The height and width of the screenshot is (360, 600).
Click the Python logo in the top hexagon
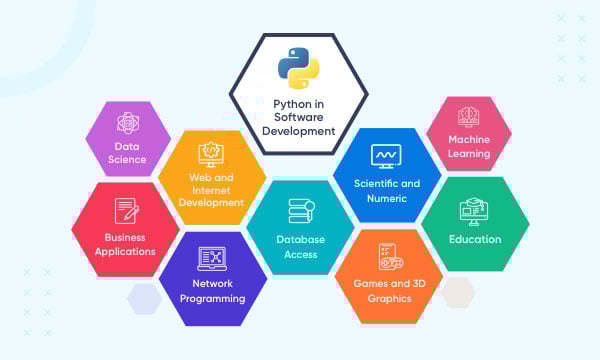click(x=298, y=68)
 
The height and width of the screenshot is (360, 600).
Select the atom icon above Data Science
click(x=129, y=124)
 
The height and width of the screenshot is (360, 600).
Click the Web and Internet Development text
click(x=211, y=189)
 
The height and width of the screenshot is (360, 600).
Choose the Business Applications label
click(x=125, y=244)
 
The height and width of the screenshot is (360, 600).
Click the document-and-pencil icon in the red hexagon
click(x=126, y=211)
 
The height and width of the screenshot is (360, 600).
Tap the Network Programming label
click(x=212, y=289)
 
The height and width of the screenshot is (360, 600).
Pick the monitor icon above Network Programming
click(x=212, y=258)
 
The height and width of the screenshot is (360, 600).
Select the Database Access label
click(x=297, y=247)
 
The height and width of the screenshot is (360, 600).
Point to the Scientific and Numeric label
click(x=386, y=190)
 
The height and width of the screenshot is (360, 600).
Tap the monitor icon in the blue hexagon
click(x=385, y=156)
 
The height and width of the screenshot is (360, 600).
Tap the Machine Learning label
click(x=469, y=147)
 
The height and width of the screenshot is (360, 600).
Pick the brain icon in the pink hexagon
click(x=469, y=116)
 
